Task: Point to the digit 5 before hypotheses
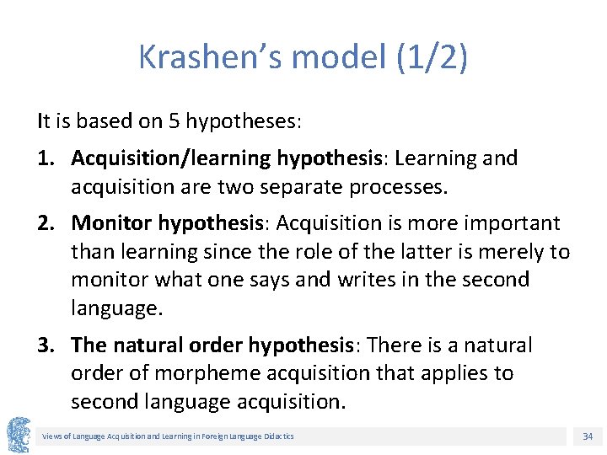point(175,120)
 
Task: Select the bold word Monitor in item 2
point(111,223)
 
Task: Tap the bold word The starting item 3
point(89,345)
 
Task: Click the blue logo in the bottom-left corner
point(18,435)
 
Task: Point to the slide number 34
point(587,436)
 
